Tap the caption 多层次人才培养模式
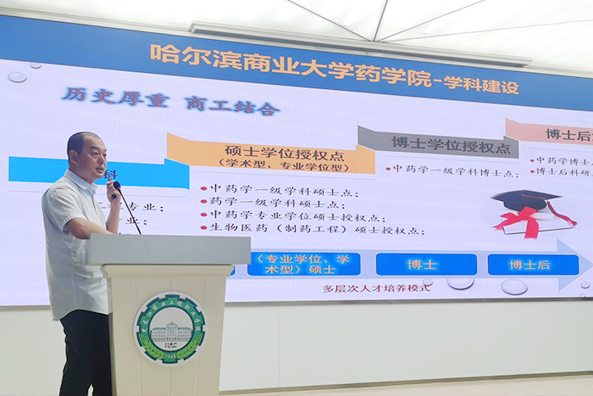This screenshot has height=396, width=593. (377, 288)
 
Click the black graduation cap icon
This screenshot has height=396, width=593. (525, 202)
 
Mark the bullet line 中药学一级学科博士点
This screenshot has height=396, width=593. (454, 170)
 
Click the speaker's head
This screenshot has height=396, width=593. (86, 153)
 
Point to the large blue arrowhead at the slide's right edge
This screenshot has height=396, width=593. (576, 265)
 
